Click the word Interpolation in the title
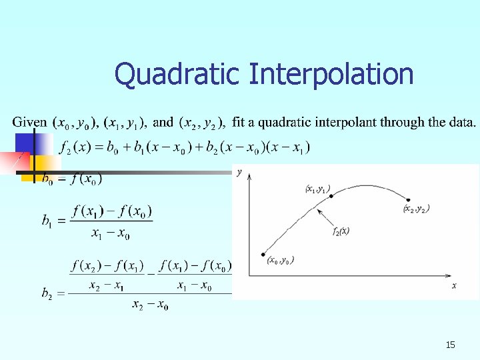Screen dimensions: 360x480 coord(331,75)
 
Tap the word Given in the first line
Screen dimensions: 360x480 coord(29,122)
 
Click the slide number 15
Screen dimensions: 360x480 coord(450,345)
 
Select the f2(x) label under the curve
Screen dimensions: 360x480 coord(340,231)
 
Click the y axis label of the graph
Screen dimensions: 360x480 coord(239,173)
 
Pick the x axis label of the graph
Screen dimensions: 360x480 coord(454,285)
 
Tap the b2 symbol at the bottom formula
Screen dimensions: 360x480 coord(47,293)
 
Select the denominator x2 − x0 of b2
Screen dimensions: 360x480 coord(150,305)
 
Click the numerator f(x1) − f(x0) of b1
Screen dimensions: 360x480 coord(113,211)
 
